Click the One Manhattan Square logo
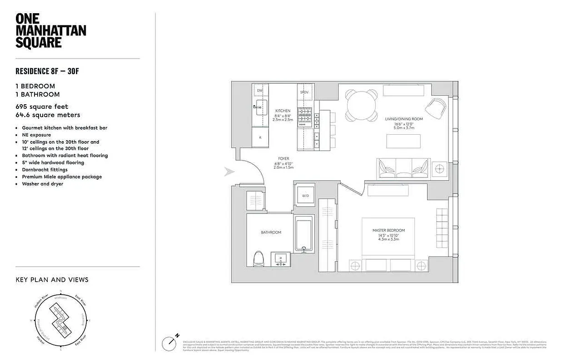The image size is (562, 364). click(x=50, y=30)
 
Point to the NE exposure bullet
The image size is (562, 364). click(x=36, y=135)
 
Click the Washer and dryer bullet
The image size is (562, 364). click(x=42, y=184)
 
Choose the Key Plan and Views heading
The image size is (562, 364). click(x=52, y=280)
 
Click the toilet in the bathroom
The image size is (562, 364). click(x=259, y=258)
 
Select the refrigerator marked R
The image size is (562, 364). click(x=260, y=137)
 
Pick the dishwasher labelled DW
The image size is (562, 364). click(x=260, y=91)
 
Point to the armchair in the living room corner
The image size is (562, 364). click(x=436, y=108)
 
